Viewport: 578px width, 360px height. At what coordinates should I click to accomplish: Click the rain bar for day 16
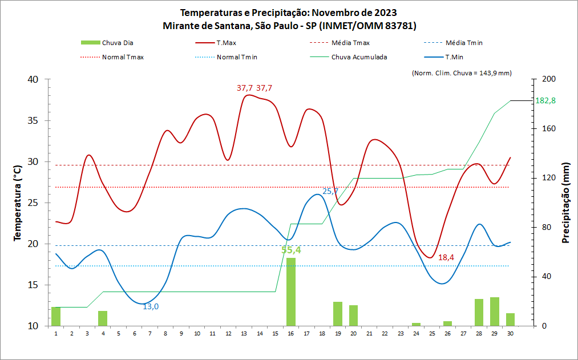tap(291, 292)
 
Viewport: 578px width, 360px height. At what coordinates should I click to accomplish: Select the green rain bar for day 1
tap(56, 316)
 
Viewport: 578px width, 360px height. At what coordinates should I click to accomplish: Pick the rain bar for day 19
tap(338, 314)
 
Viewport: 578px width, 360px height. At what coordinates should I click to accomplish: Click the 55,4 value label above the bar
tap(291, 250)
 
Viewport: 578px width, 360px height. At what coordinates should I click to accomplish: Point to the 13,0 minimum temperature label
tap(151, 306)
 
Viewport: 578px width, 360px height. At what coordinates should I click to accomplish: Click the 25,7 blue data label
tap(331, 191)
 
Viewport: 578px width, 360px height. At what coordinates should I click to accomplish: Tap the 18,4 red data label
tap(446, 257)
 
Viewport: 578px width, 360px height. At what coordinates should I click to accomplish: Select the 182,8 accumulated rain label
tap(545, 100)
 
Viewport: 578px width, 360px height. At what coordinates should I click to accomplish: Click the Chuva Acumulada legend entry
tap(359, 57)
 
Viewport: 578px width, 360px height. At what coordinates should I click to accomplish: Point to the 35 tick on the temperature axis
tap(33, 120)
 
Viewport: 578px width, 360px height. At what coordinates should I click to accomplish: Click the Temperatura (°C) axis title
tap(17, 202)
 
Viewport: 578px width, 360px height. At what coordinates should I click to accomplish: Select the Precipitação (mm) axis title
tap(565, 202)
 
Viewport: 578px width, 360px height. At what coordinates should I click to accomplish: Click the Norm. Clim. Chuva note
tap(461, 72)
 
